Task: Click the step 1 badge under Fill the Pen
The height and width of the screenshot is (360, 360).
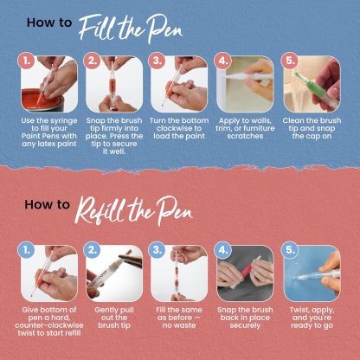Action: click(28, 62)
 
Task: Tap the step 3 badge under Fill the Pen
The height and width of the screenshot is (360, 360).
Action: click(157, 62)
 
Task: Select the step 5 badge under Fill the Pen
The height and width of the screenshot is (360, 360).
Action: click(290, 62)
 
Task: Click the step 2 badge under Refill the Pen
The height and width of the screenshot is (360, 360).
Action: click(93, 250)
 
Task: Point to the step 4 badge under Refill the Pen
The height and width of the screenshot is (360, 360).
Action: click(223, 250)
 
